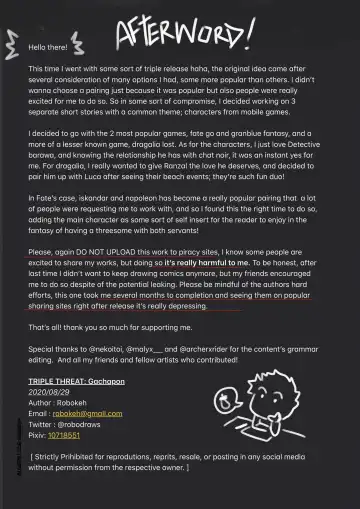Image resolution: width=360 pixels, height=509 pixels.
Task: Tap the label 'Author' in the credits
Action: [x=40, y=403]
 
